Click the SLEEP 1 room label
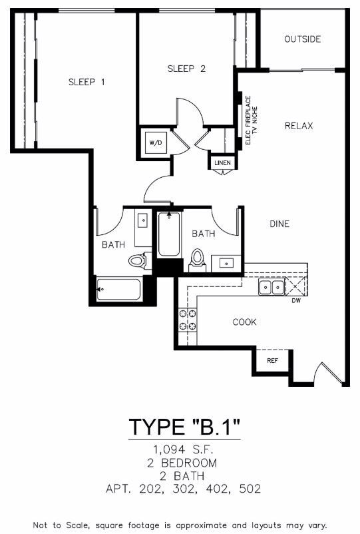[x=87, y=82]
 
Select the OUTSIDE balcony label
[x=302, y=39]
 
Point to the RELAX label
[x=299, y=126]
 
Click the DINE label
[x=279, y=224]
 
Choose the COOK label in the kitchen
[x=244, y=322]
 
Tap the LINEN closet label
[x=221, y=162]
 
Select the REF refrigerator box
[x=272, y=360]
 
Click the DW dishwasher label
[x=296, y=301]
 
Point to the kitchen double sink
[x=271, y=287]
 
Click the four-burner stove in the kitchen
[x=187, y=320]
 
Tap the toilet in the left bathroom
[x=137, y=260]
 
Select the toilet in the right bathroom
[x=198, y=260]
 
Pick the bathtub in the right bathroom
[x=169, y=234]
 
